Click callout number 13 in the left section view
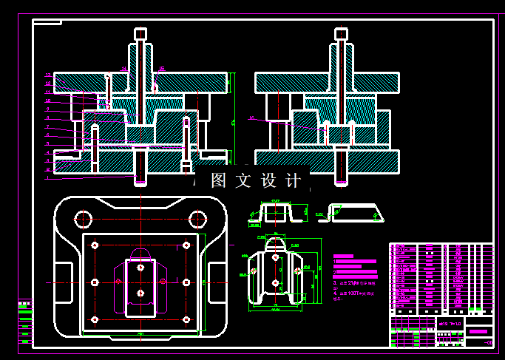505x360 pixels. click(x=47, y=75)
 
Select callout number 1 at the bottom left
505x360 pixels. click(x=47, y=177)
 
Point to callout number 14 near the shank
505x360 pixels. click(x=123, y=68)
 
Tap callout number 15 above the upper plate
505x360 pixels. click(x=161, y=69)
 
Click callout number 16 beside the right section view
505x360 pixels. click(x=251, y=118)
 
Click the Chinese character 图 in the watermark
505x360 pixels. click(x=219, y=180)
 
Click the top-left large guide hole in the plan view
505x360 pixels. click(x=83, y=219)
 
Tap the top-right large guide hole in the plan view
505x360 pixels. click(x=197, y=219)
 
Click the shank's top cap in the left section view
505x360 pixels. click(x=140, y=34)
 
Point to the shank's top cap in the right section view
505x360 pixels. click(x=341, y=34)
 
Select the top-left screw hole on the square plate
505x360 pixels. click(x=95, y=245)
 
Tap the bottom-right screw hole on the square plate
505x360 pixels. click(x=186, y=319)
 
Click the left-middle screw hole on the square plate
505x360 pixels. click(x=95, y=282)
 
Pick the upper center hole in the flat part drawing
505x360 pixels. click(x=275, y=257)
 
